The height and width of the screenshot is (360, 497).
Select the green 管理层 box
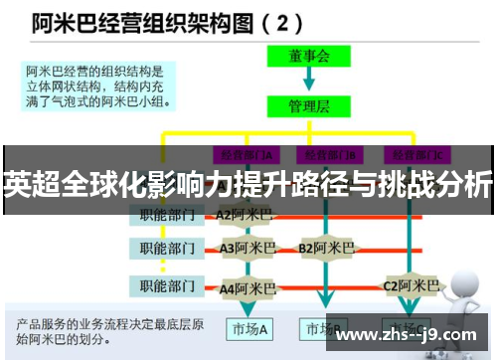pyautogui.click(x=309, y=103)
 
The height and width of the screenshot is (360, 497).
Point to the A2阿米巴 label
pyautogui.click(x=244, y=214)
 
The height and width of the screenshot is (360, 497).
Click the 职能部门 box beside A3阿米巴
pyautogui.click(x=166, y=248)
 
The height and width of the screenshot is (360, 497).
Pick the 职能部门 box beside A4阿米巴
pyautogui.click(x=166, y=287)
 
